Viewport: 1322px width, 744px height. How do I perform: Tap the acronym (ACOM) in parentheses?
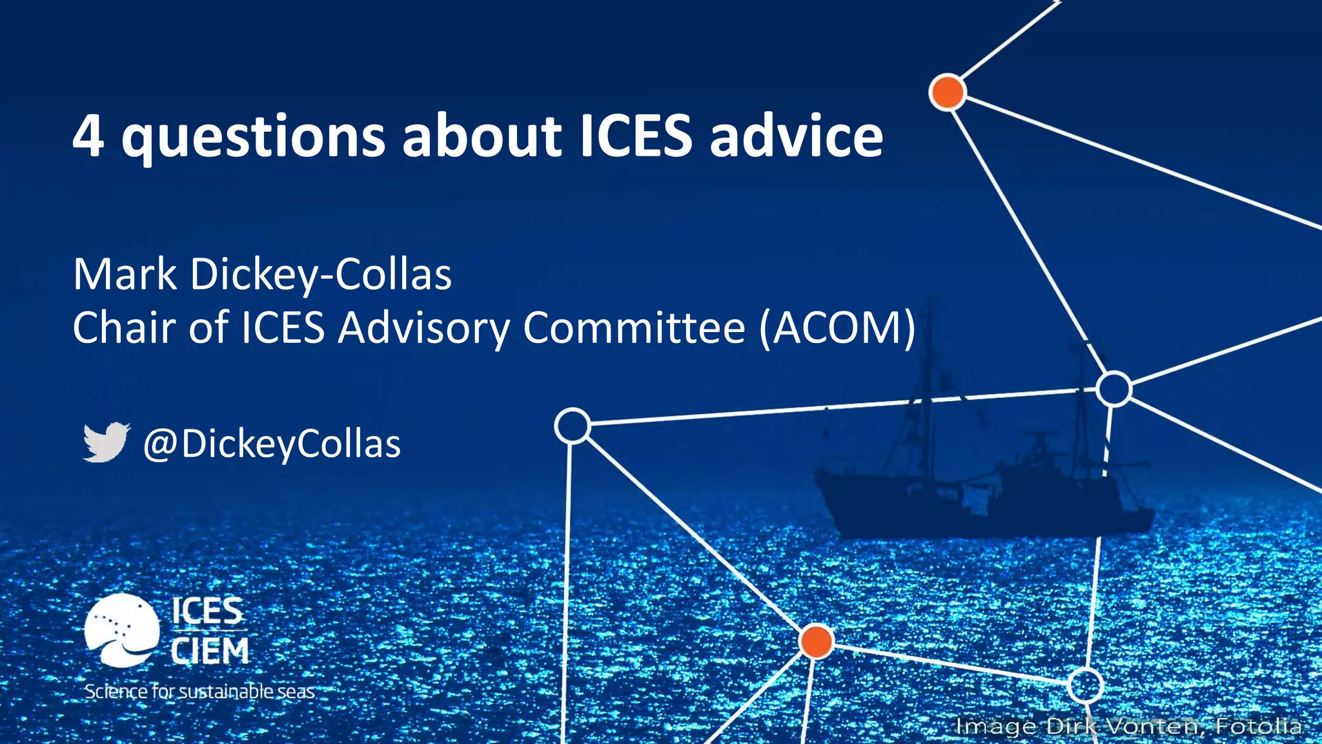click(x=837, y=328)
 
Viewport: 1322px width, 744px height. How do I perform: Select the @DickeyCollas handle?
click(x=272, y=444)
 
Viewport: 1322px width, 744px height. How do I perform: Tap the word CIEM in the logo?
click(x=210, y=651)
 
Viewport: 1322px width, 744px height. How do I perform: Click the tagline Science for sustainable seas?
click(x=199, y=692)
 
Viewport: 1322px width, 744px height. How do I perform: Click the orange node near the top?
click(x=947, y=92)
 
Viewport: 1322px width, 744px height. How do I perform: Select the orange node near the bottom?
click(x=816, y=641)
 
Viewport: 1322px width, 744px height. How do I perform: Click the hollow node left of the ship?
click(x=572, y=426)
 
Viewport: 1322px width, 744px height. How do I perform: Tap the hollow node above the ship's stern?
click(x=1114, y=388)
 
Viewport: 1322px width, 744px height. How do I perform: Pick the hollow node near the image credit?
click(x=1085, y=685)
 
